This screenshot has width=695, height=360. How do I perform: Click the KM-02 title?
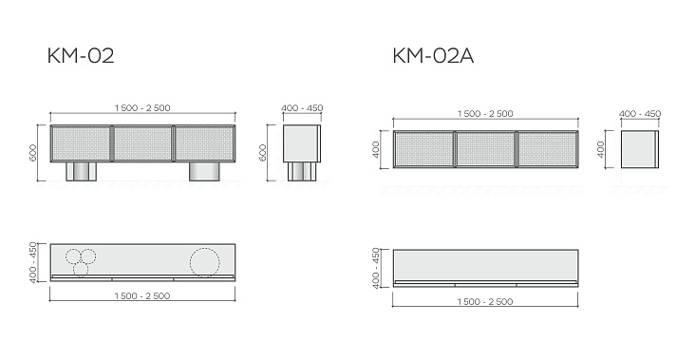[81, 56]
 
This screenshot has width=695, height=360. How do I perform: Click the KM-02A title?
[433, 56]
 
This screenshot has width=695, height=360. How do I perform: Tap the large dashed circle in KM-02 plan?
[205, 262]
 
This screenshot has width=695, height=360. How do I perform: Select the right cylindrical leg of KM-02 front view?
[205, 171]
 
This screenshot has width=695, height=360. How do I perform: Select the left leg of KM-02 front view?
[81, 171]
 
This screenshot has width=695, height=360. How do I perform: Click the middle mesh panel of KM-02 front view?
[142, 143]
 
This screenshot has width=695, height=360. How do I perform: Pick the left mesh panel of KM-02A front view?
[424, 149]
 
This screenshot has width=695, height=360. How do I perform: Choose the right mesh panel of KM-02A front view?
[548, 149]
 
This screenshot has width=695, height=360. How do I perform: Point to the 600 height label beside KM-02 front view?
[33, 153]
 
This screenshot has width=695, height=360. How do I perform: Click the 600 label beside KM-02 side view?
[262, 153]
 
